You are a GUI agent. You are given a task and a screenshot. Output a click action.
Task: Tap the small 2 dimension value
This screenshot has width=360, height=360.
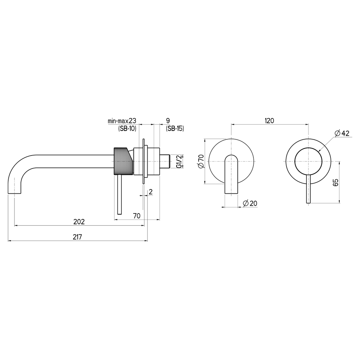click(150, 192)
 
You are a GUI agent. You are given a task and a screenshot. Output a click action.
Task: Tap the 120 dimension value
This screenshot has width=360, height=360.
click(269, 121)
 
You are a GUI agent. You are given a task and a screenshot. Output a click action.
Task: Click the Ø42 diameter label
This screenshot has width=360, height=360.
click(342, 133)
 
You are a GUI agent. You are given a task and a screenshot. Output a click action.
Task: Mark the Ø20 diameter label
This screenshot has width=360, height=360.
click(250, 203)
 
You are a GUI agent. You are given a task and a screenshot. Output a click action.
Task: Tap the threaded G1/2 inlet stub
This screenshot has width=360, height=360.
click(165, 161)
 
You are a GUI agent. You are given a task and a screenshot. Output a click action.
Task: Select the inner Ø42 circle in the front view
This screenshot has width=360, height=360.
click(308, 161)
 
